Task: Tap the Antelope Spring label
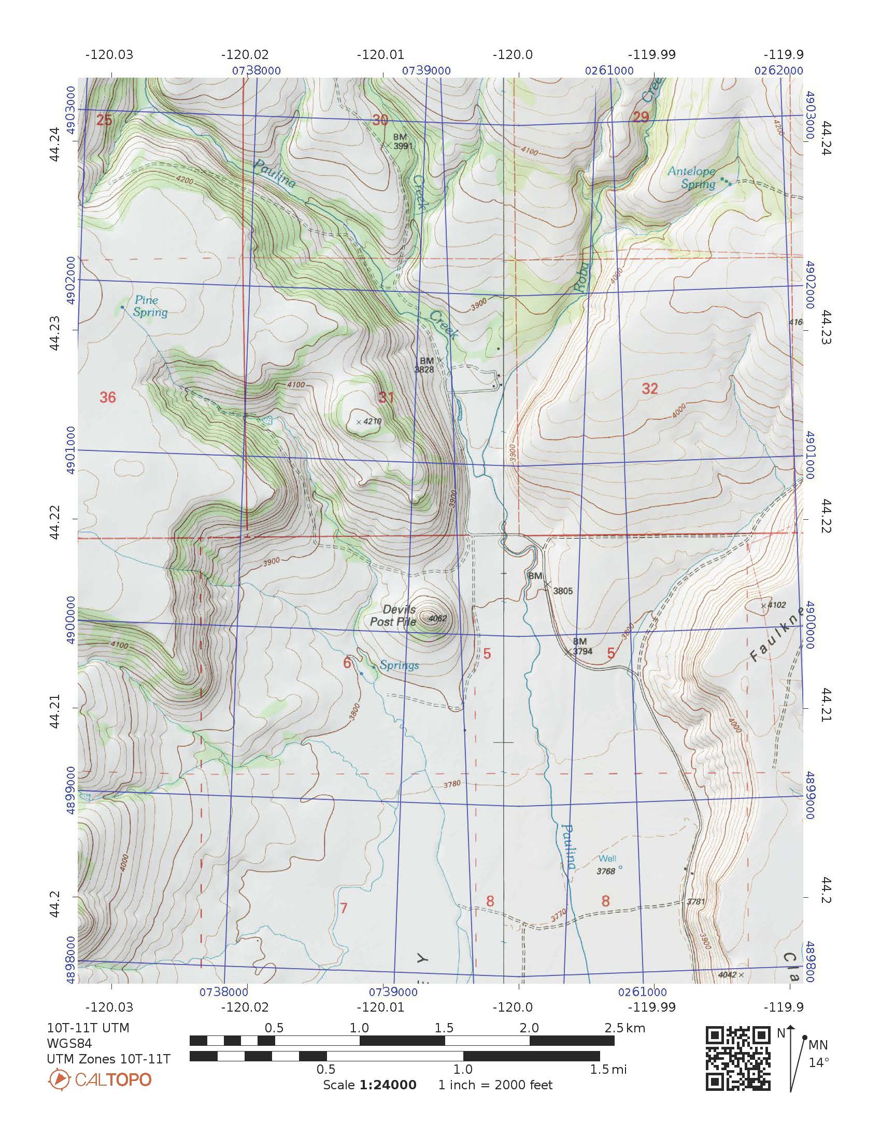tap(692, 178)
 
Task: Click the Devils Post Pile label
tap(393, 616)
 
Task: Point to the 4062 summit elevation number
tap(437, 619)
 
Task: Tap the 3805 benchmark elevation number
tap(563, 591)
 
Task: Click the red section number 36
tap(107, 398)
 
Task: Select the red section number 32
tap(650, 388)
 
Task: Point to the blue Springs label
tap(399, 665)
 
